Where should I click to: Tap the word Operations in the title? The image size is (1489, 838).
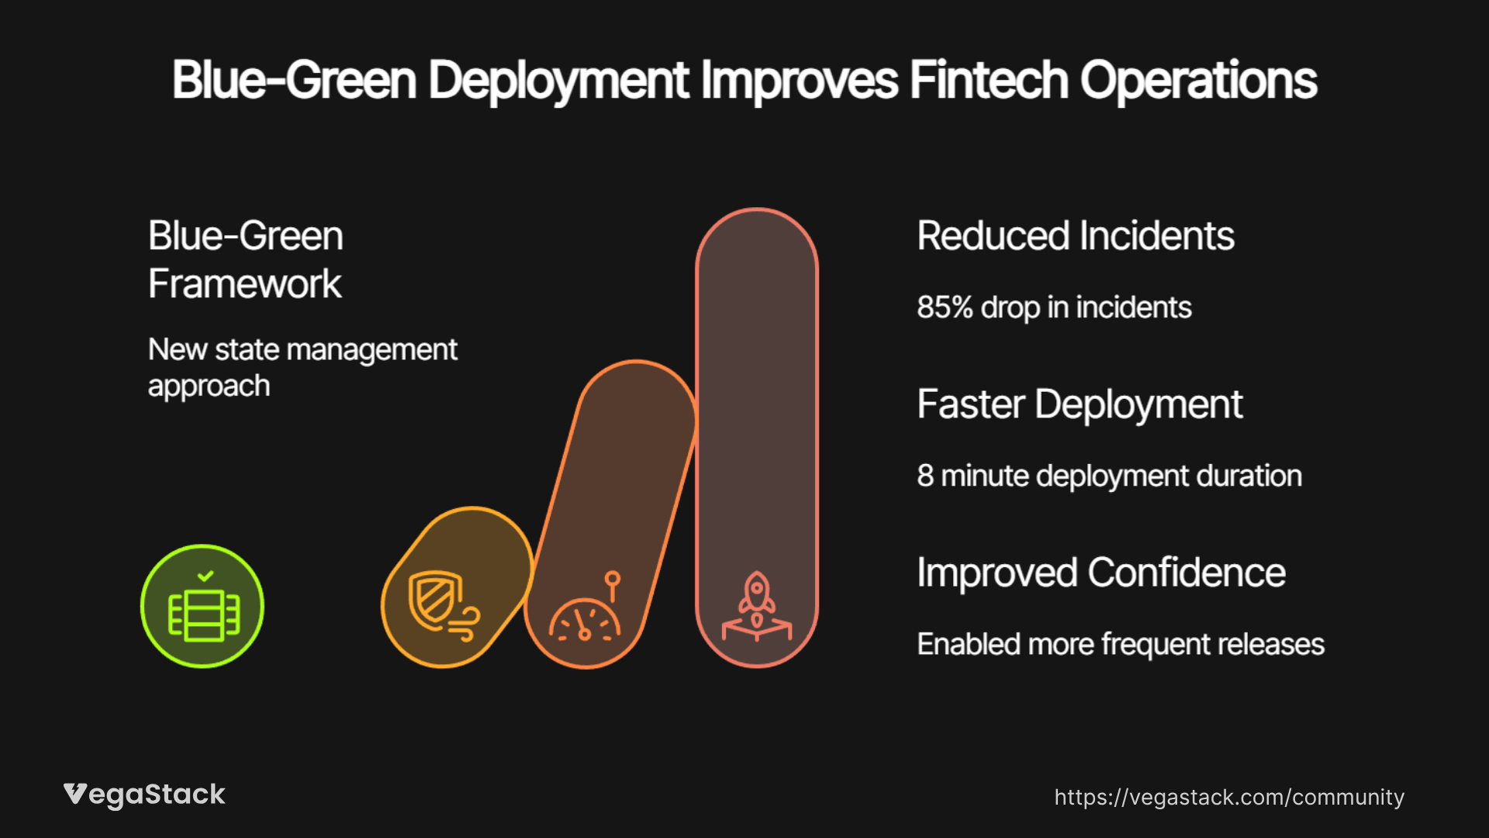click(1198, 81)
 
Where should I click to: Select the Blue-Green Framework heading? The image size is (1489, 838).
click(246, 259)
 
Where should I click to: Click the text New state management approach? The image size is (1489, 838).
click(302, 367)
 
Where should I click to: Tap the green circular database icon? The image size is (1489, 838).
click(202, 606)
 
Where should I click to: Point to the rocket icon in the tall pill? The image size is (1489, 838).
click(757, 606)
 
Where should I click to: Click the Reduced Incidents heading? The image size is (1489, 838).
click(1076, 236)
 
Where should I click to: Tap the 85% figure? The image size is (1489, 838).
click(945, 307)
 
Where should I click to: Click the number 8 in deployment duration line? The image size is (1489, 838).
click(925, 476)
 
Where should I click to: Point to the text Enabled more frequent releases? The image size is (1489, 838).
click(1121, 645)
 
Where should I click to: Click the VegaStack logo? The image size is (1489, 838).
click(144, 795)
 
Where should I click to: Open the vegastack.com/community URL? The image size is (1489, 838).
click(1229, 798)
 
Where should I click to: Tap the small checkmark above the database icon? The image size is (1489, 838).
click(206, 576)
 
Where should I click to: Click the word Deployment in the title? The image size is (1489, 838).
click(558, 81)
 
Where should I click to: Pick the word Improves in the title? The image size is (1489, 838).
click(800, 81)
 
